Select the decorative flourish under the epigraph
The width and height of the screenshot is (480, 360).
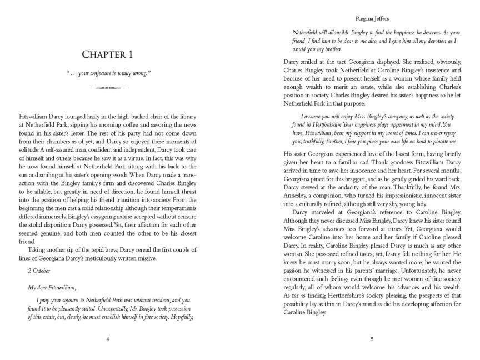pos(108,88)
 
